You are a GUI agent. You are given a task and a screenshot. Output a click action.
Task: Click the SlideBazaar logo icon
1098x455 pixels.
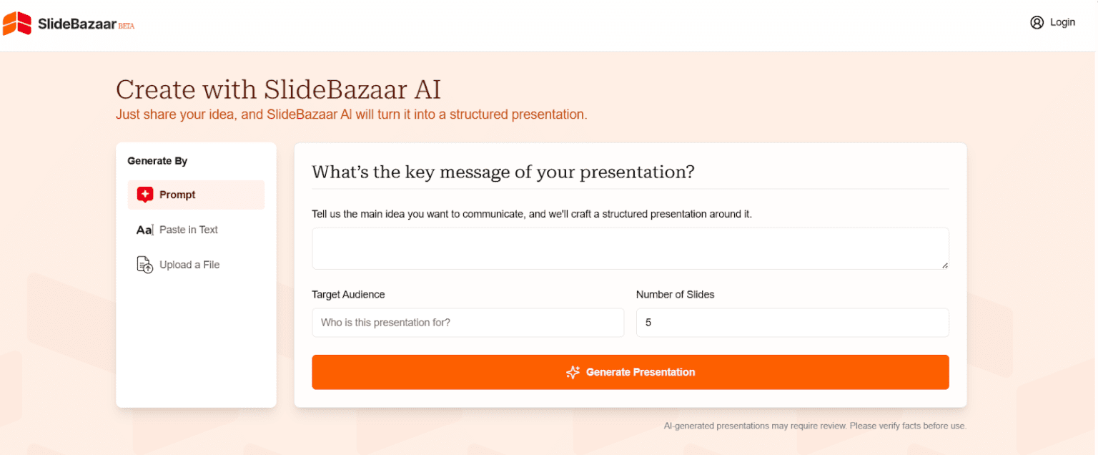[16, 24]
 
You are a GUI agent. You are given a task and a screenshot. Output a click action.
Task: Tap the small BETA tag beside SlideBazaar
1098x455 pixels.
[127, 26]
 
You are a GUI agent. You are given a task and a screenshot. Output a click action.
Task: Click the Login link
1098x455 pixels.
[1062, 22]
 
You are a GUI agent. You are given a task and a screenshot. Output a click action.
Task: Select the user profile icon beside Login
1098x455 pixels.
[1037, 22]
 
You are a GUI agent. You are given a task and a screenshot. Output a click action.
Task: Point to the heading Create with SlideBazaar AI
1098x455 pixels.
[278, 89]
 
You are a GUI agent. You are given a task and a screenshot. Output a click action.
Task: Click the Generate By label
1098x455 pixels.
[157, 161]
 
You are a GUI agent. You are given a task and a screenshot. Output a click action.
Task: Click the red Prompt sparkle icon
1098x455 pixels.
[145, 195]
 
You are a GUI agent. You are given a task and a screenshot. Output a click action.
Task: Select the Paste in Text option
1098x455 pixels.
[188, 230]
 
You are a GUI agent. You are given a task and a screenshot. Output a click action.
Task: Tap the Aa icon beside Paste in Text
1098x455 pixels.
[145, 230]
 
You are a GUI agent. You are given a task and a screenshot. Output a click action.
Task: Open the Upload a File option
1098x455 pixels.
[189, 265]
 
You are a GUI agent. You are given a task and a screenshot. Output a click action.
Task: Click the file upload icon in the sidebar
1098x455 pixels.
[145, 265]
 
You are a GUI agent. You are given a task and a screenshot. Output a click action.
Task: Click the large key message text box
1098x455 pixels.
[630, 248]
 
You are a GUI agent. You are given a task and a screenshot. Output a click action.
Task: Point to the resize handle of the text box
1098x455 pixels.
[944, 265]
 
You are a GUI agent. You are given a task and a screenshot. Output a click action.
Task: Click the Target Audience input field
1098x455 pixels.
[468, 323]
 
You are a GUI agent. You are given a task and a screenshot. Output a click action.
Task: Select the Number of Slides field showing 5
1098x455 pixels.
[792, 323]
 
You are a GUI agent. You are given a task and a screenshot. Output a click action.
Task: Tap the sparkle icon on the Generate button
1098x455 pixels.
[573, 372]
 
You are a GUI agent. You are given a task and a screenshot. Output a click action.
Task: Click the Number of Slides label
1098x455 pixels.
[675, 294]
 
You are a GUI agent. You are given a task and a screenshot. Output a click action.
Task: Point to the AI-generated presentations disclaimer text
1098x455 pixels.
[815, 426]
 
